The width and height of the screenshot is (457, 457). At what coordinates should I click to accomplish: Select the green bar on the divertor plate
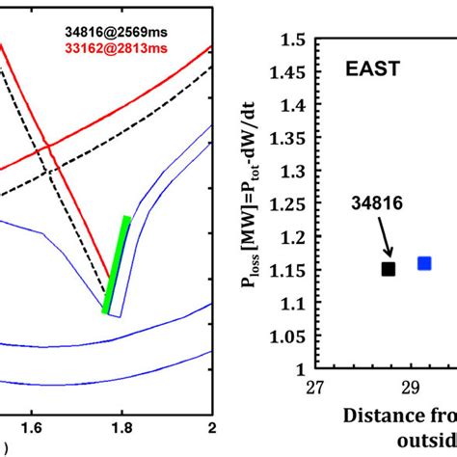116,265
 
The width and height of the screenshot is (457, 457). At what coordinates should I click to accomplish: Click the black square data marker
389,269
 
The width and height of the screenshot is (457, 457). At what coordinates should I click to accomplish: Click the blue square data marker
424,263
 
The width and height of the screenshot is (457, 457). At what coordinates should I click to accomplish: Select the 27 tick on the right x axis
315,389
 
